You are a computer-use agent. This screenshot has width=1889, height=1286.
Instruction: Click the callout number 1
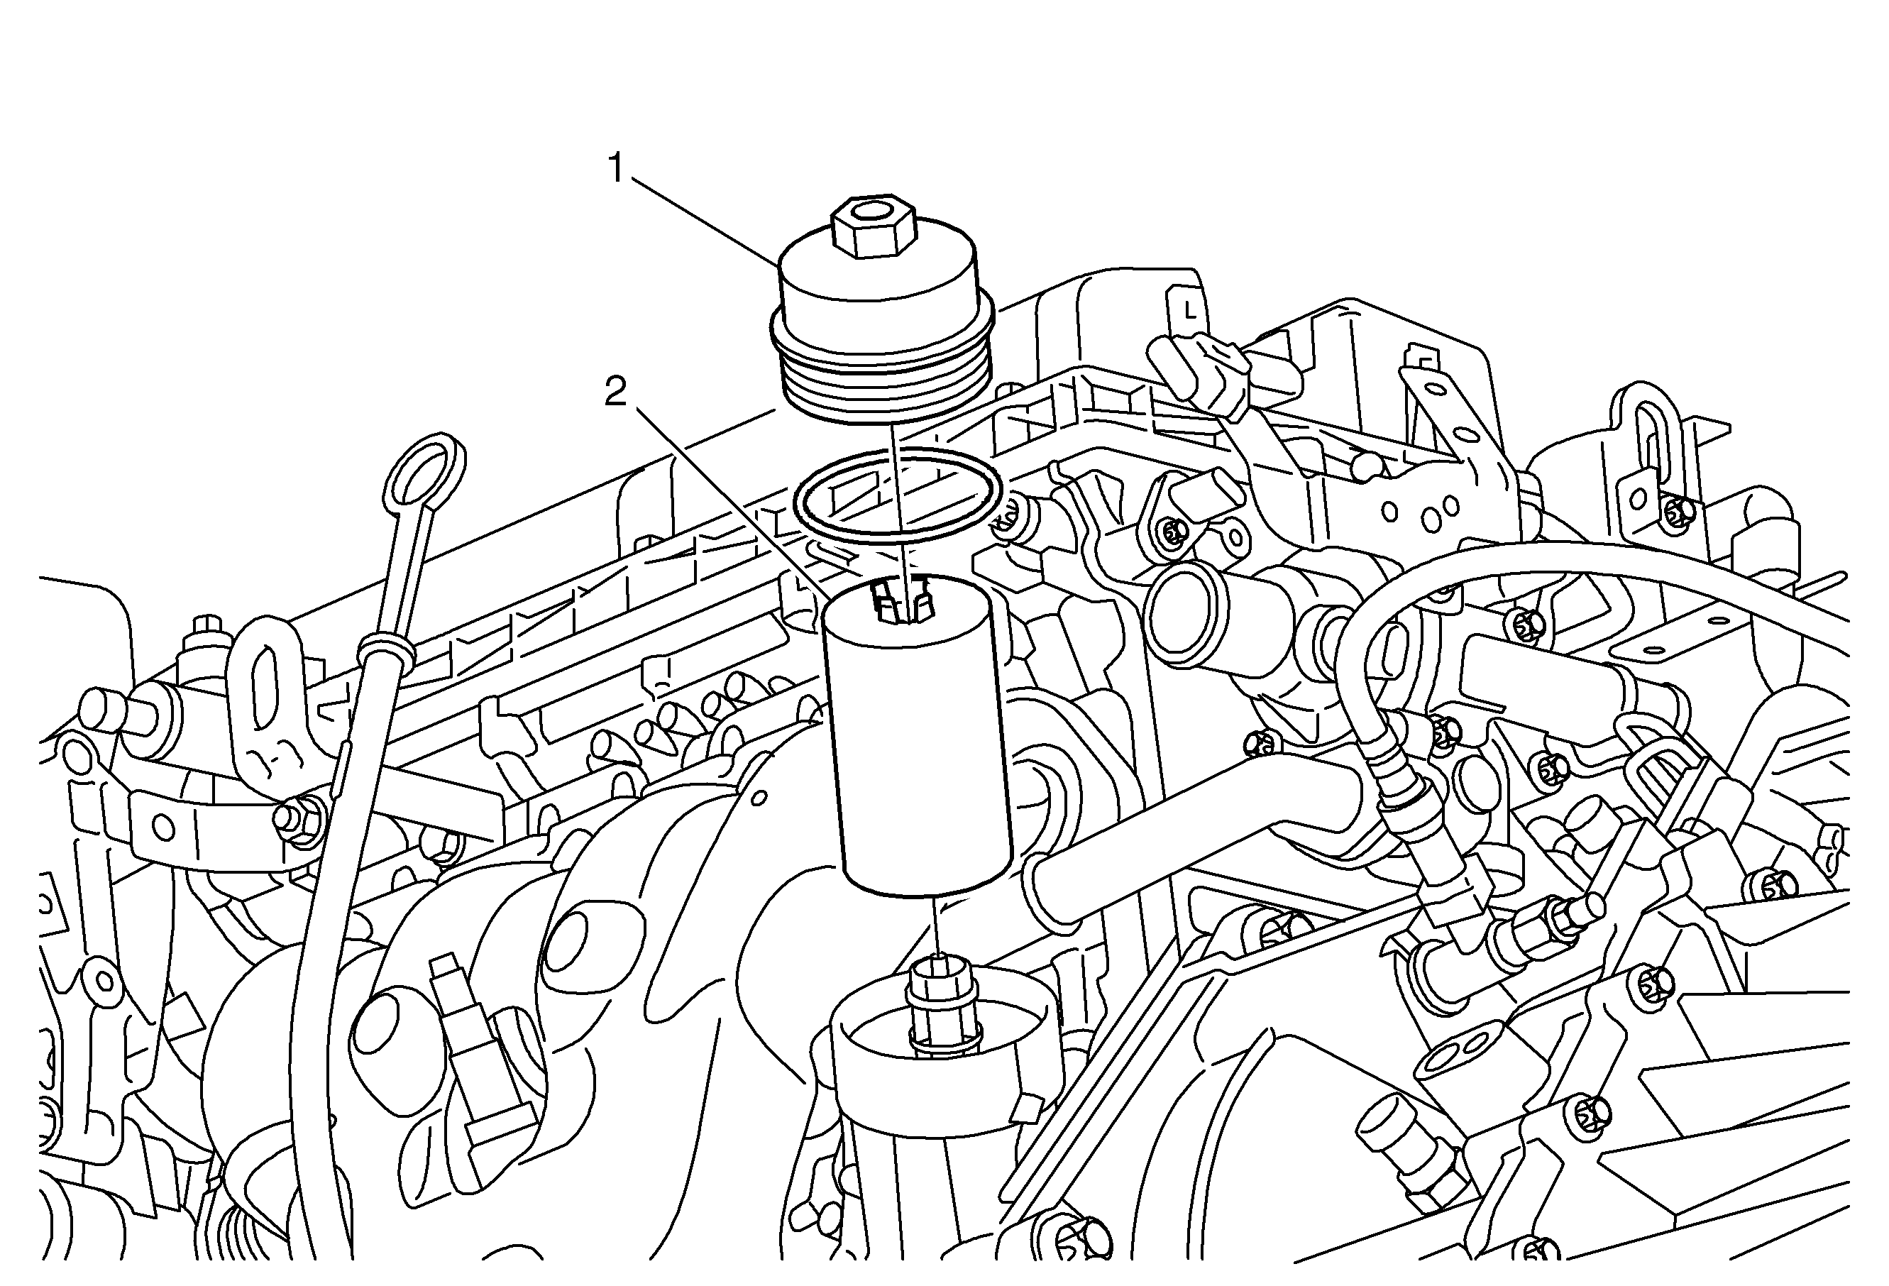click(x=616, y=169)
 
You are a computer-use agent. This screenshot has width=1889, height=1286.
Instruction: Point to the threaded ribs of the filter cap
click(x=882, y=382)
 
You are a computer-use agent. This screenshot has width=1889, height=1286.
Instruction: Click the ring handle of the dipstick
click(x=424, y=471)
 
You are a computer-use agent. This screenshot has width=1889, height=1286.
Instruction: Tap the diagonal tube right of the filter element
click(x=1179, y=837)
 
